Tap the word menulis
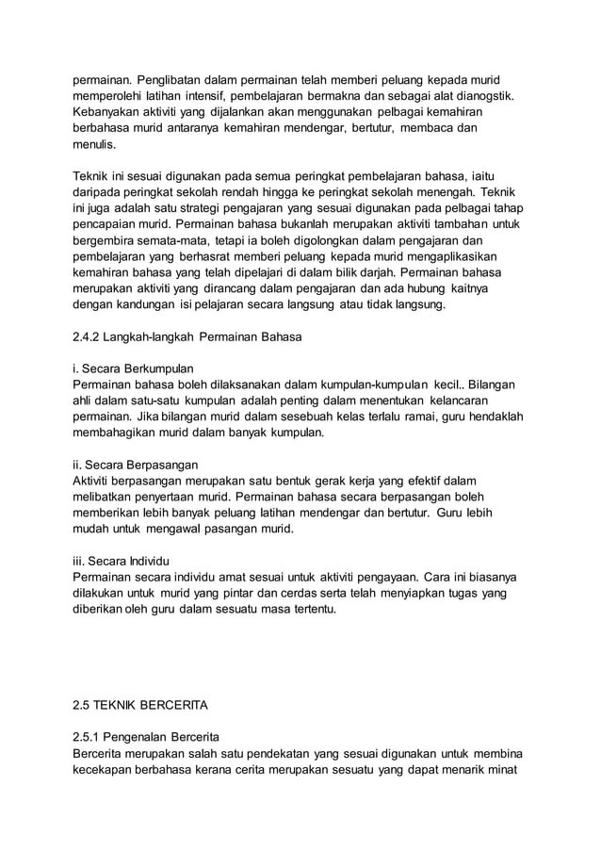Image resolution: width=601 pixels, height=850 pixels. click(x=94, y=147)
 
